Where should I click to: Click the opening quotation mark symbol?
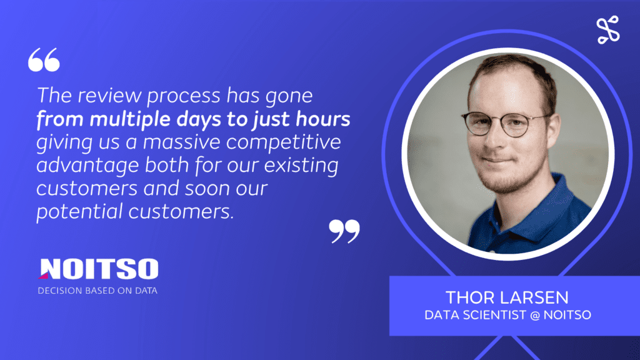44,59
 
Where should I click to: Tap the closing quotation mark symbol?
344,231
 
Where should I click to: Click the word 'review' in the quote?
110,96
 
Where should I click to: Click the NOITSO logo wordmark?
98,269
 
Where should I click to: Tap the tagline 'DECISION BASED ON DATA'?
97,291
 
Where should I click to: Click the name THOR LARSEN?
507,297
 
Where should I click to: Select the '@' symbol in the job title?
535,315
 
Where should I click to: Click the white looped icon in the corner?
608,30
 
